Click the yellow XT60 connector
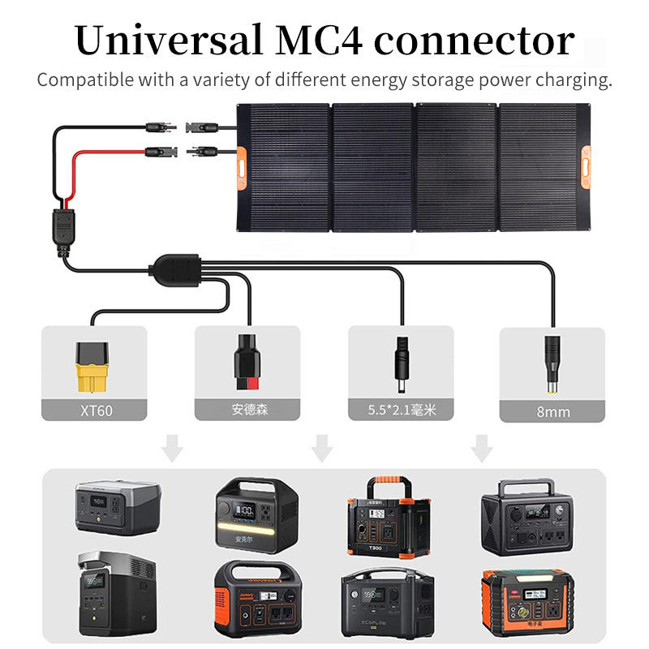click(x=92, y=365)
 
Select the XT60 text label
click(x=92, y=410)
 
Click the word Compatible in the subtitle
click(x=84, y=80)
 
